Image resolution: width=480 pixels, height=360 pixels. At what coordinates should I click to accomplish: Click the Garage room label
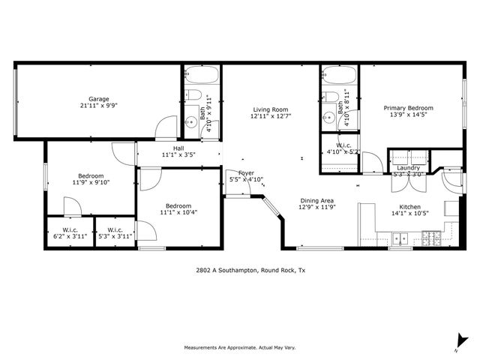pyautogui.click(x=99, y=99)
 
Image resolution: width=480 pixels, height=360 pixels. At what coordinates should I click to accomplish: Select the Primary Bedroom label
pyautogui.click(x=408, y=108)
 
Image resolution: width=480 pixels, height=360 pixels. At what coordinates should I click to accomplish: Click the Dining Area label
pyautogui.click(x=316, y=201)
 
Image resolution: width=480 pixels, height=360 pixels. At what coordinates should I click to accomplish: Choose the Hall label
pyautogui.click(x=178, y=148)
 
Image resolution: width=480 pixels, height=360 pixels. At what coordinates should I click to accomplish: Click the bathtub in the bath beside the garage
pyautogui.click(x=201, y=76)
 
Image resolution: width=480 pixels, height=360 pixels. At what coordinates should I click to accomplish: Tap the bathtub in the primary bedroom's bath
pyautogui.click(x=339, y=76)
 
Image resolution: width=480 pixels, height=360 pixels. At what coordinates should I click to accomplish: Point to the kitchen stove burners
pyautogui.click(x=433, y=239)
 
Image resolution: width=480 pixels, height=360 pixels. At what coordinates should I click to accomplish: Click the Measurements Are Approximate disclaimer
pyautogui.click(x=240, y=347)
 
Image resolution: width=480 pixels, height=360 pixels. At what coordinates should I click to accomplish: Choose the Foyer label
pyautogui.click(x=246, y=172)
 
